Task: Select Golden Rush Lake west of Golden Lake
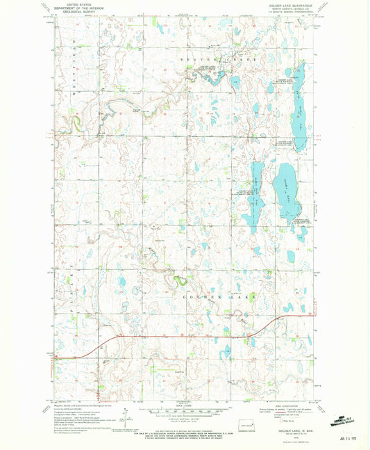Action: point(257,191)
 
